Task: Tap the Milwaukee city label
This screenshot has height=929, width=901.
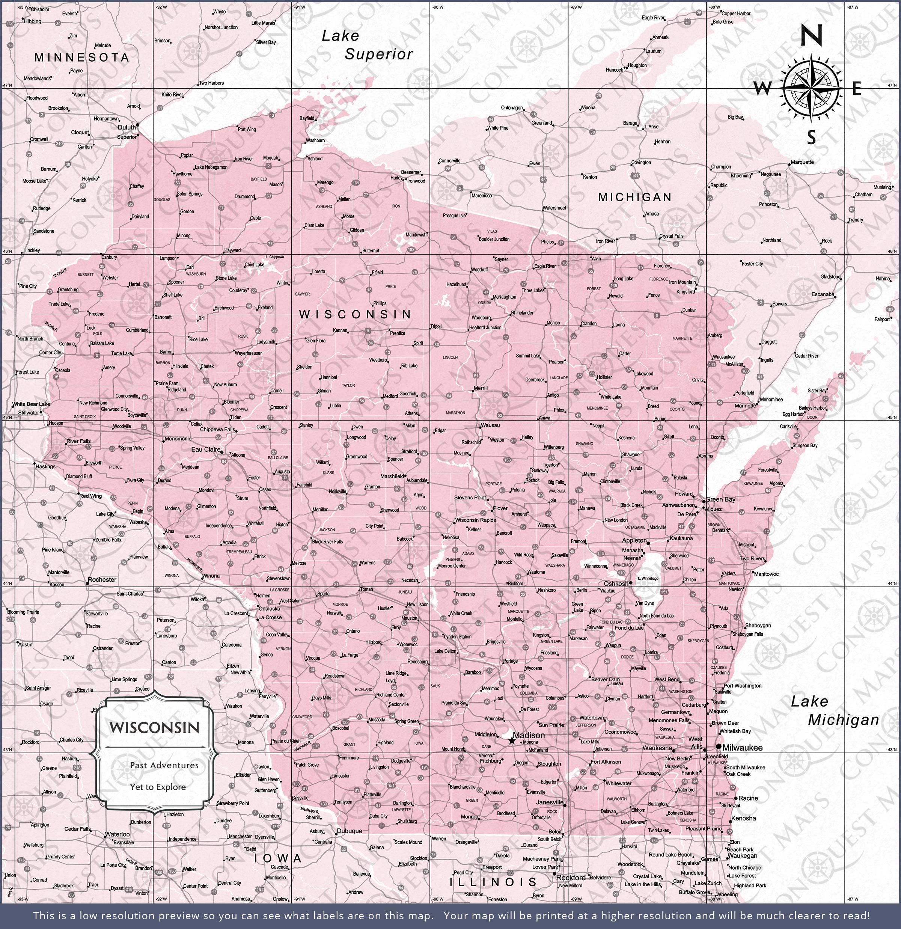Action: pos(742,748)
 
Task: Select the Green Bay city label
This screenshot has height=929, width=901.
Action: pos(720,499)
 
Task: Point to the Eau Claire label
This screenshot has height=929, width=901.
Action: pos(206,449)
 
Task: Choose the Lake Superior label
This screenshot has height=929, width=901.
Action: pos(367,45)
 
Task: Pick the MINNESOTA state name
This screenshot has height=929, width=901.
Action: pos(81,57)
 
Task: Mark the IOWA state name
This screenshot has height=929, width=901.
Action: pos(278,858)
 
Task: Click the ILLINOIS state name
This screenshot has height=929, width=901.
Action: pos(493,882)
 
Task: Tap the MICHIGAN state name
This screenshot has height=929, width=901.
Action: pos(634,197)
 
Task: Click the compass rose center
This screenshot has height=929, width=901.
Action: pos(812,88)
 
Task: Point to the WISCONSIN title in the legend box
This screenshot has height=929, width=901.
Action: pos(155,728)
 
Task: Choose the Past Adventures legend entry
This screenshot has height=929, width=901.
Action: pos(164,765)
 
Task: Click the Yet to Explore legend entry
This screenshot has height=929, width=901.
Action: pos(158,787)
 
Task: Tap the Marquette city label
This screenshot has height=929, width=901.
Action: pos(802,162)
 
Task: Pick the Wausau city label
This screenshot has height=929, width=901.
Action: pos(490,425)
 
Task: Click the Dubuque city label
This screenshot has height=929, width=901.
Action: pos(349,831)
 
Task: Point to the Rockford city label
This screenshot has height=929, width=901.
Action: pos(572,877)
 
